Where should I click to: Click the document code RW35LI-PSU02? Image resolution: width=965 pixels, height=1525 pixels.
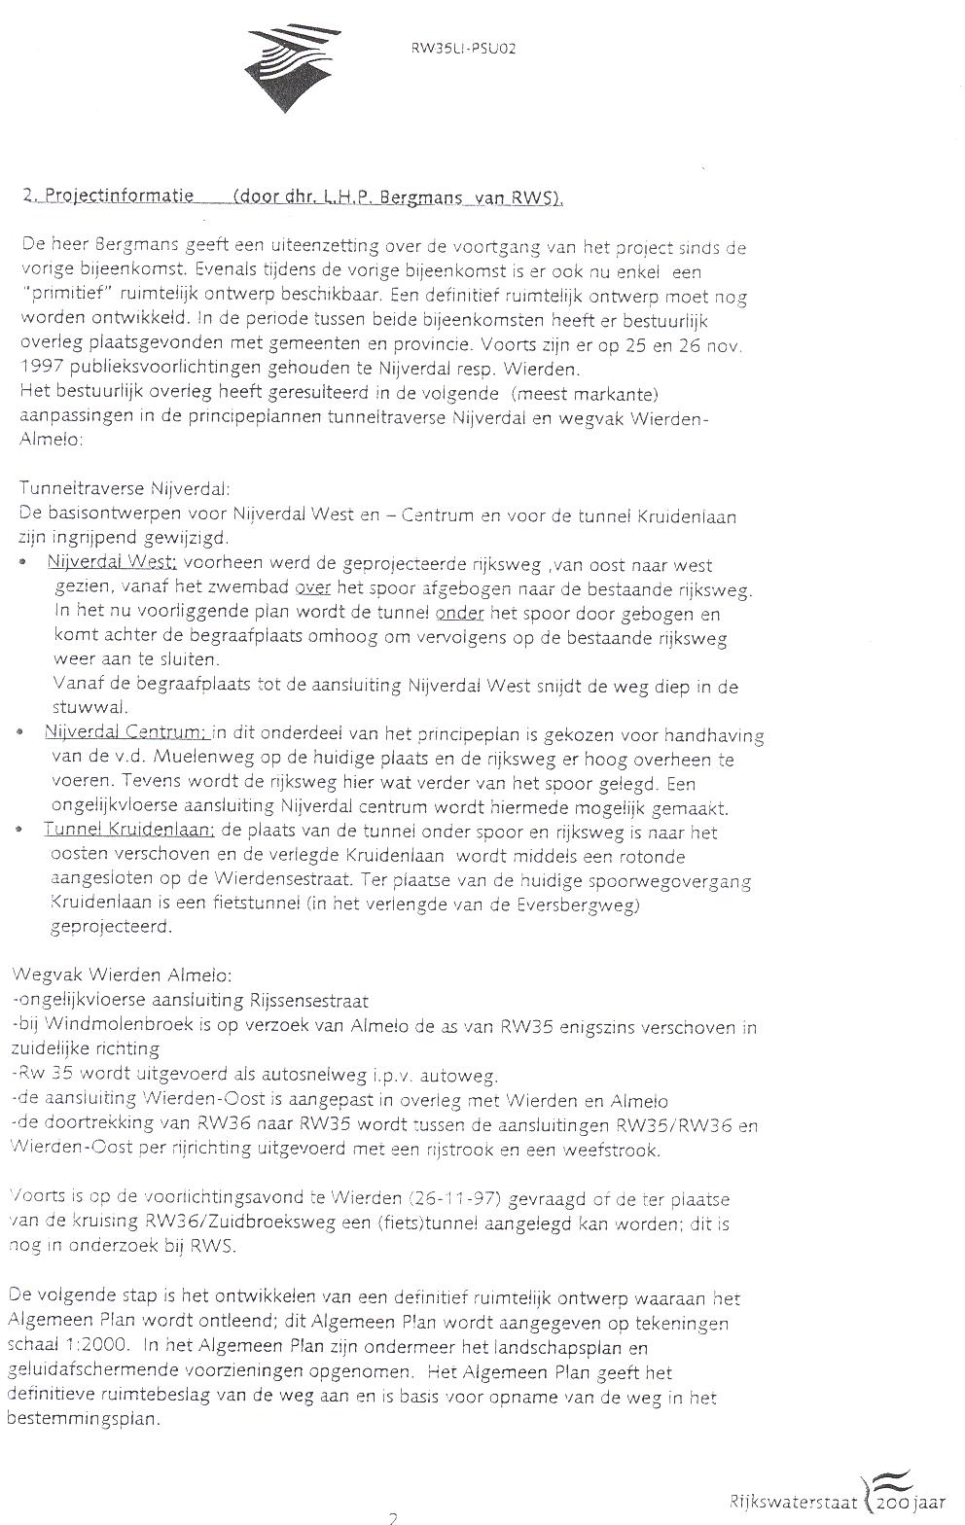[x=463, y=47]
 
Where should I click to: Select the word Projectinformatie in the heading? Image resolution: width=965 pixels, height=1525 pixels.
[x=117, y=196]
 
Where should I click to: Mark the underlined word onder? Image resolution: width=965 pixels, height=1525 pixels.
[x=460, y=614]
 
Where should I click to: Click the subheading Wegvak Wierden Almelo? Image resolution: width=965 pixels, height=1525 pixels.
[x=122, y=975]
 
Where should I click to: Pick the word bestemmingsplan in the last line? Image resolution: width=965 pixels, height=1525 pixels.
[x=84, y=1419]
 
